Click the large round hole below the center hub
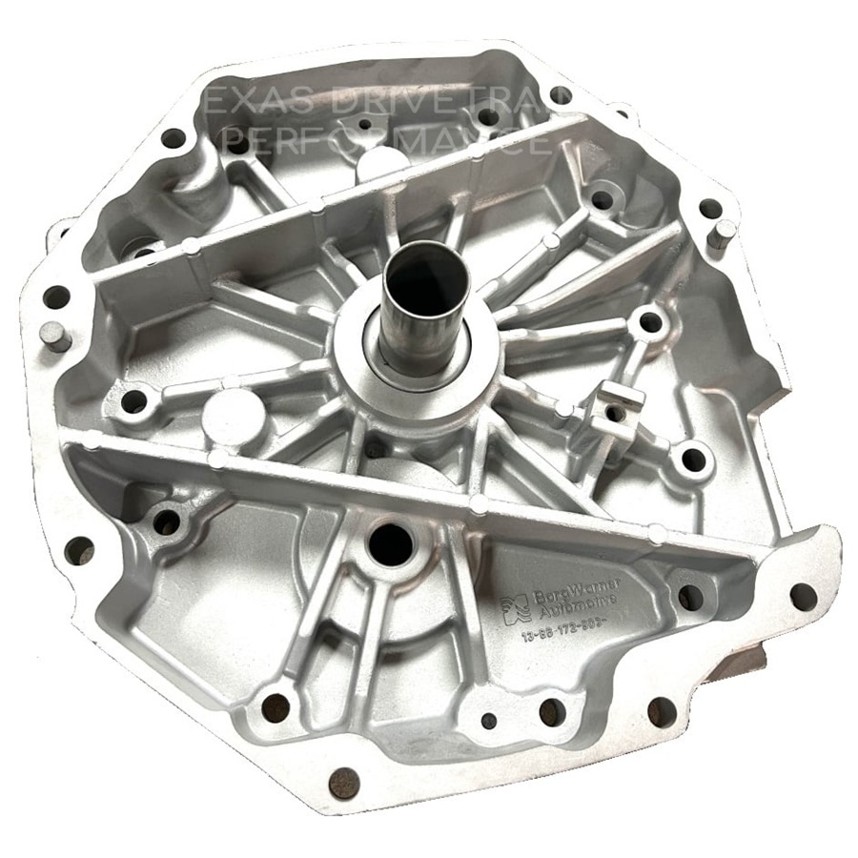(391, 542)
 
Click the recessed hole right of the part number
(689, 597)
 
